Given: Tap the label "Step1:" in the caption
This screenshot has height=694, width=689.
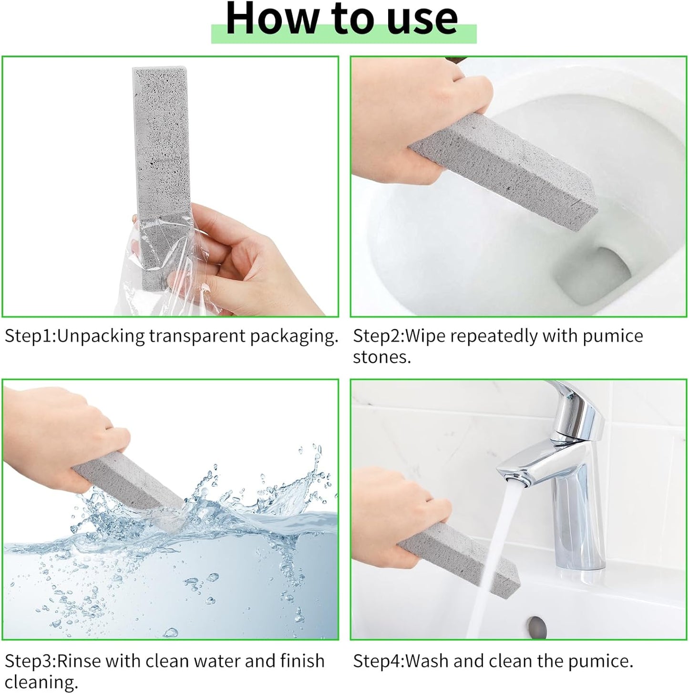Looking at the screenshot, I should click(30, 336).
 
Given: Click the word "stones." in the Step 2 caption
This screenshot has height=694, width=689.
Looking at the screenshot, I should click(381, 357).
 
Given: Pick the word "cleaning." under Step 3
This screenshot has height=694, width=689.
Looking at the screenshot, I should click(41, 683).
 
